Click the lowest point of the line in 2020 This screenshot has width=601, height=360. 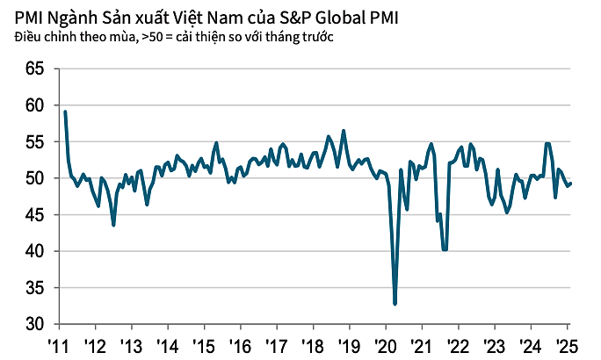click(x=395, y=304)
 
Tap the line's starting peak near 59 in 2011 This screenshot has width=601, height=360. click(x=65, y=112)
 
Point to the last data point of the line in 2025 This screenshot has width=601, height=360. click(x=571, y=183)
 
